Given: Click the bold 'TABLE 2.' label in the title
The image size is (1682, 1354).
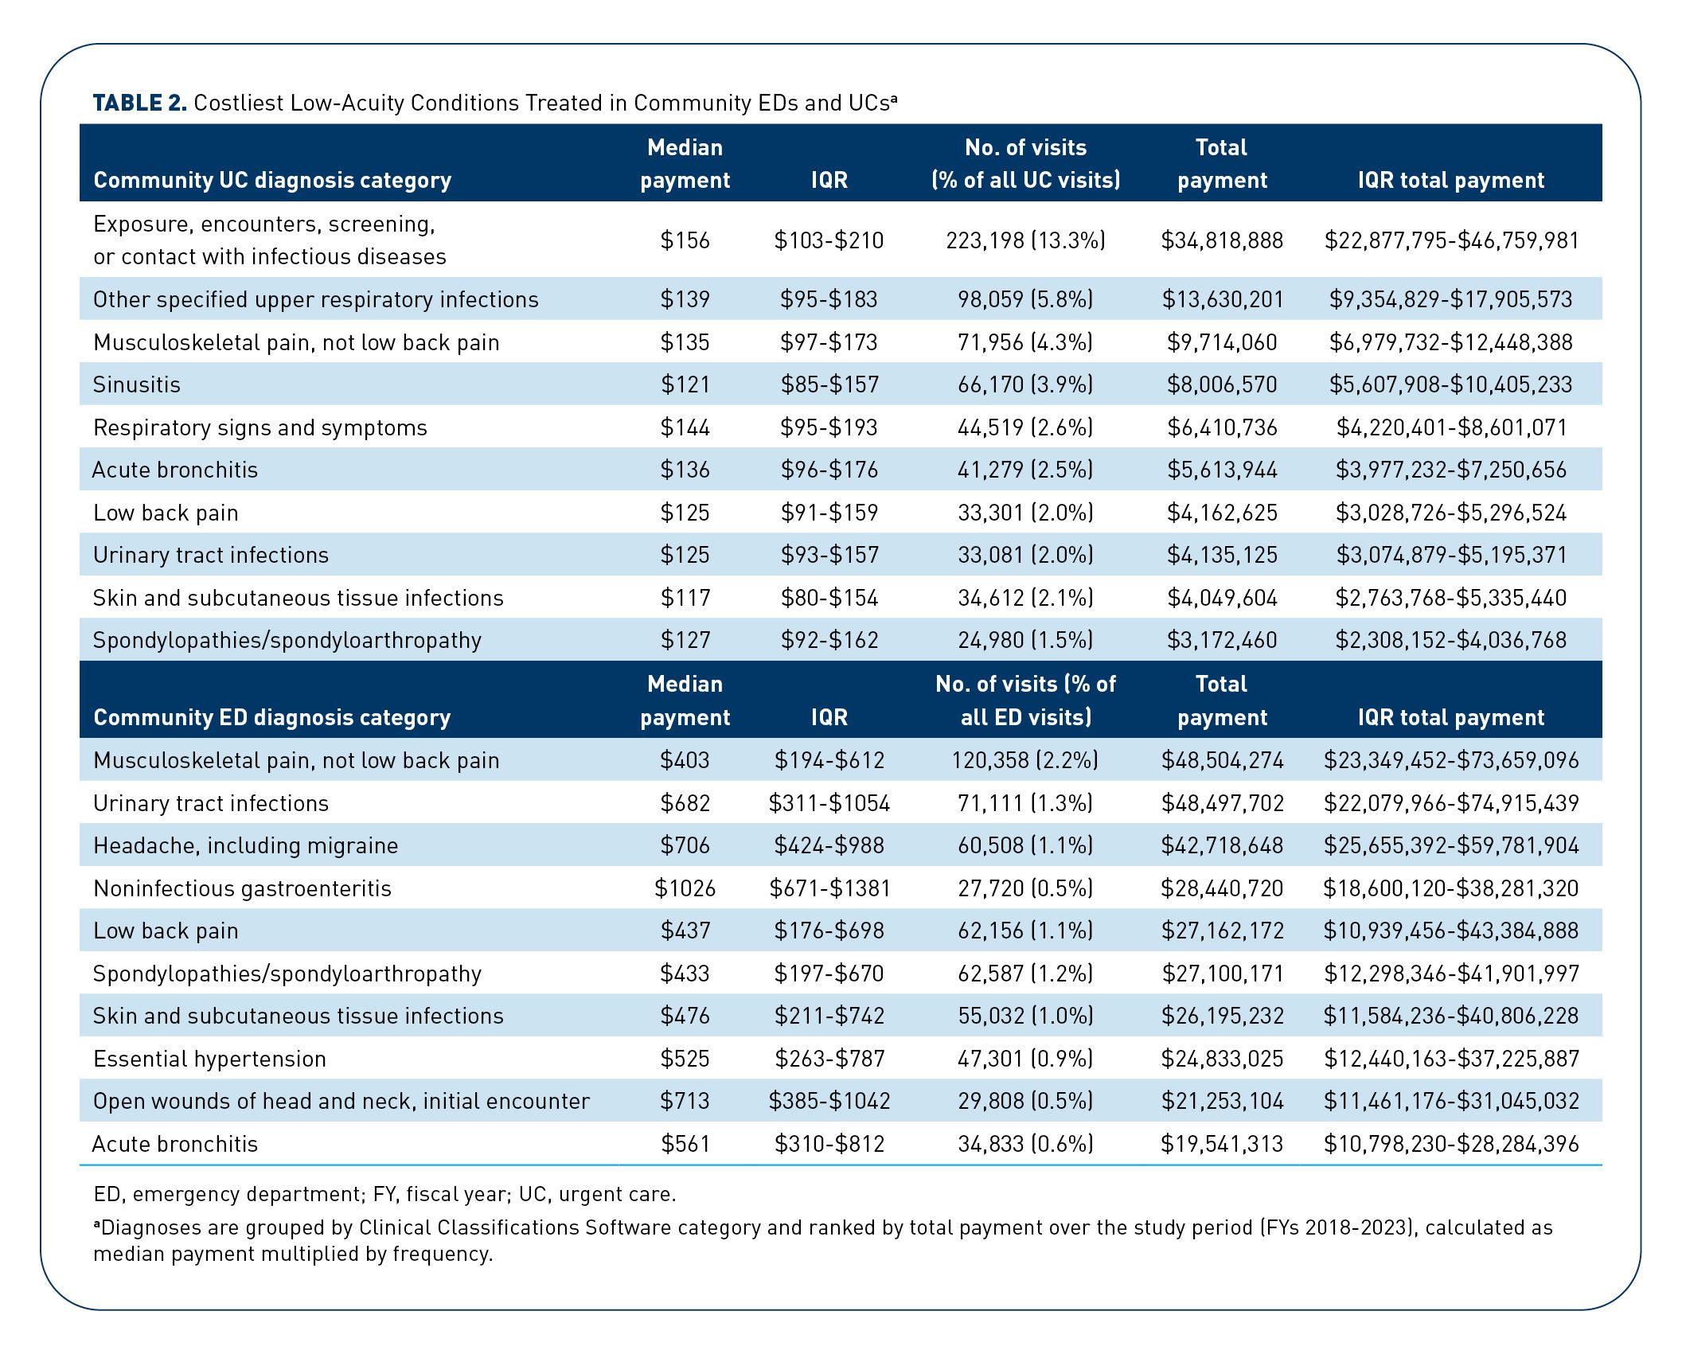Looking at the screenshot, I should [x=139, y=103].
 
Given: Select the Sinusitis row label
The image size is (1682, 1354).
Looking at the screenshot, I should [x=137, y=384].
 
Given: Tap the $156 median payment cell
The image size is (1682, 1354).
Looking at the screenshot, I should [x=685, y=240].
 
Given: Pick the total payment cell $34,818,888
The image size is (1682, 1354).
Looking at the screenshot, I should [x=1222, y=240].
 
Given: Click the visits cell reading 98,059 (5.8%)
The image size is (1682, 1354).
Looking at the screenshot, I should [x=1025, y=299].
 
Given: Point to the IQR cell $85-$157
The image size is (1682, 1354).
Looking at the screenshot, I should [x=829, y=384].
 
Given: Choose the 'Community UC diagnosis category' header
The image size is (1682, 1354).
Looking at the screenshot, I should [x=272, y=180].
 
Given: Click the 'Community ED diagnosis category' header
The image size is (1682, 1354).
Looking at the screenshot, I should [x=272, y=717].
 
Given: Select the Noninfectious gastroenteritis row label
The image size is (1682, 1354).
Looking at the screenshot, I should [x=242, y=888].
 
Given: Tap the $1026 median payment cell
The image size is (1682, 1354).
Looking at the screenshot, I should [x=685, y=888].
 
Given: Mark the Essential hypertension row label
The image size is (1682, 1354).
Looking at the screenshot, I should [x=209, y=1059].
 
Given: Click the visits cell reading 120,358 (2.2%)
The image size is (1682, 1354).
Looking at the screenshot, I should [x=1025, y=760].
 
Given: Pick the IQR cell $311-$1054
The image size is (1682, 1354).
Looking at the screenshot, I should [x=829, y=803].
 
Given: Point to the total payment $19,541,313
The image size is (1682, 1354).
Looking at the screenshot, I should [x=1222, y=1144].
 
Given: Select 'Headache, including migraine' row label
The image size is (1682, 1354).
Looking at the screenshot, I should [x=245, y=845].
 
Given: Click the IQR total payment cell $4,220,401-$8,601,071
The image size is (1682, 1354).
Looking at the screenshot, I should [x=1451, y=427].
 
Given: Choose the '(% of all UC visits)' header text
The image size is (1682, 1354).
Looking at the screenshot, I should [x=1025, y=180].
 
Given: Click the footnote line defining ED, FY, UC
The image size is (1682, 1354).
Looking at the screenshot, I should [x=384, y=1194].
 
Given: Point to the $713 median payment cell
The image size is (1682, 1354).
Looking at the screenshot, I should [x=685, y=1101].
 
